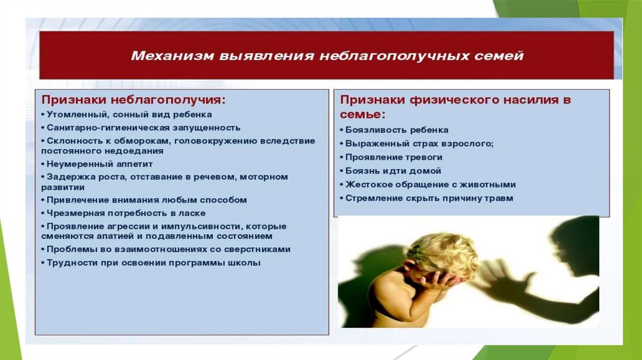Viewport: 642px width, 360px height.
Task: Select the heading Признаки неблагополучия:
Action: coord(134,100)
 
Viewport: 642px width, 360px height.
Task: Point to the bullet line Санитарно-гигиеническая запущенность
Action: coord(141,128)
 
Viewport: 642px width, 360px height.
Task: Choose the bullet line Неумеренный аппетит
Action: coord(97,164)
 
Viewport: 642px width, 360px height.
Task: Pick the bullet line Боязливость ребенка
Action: coord(394,130)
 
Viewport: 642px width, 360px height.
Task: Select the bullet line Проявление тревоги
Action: coord(391,157)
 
